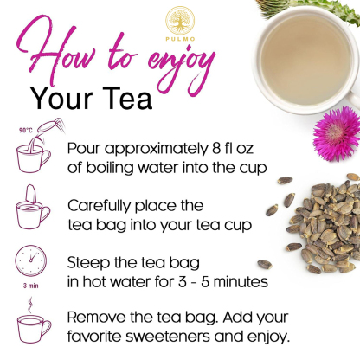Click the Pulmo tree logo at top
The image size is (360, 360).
tap(180, 19)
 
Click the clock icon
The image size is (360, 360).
tap(30, 264)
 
